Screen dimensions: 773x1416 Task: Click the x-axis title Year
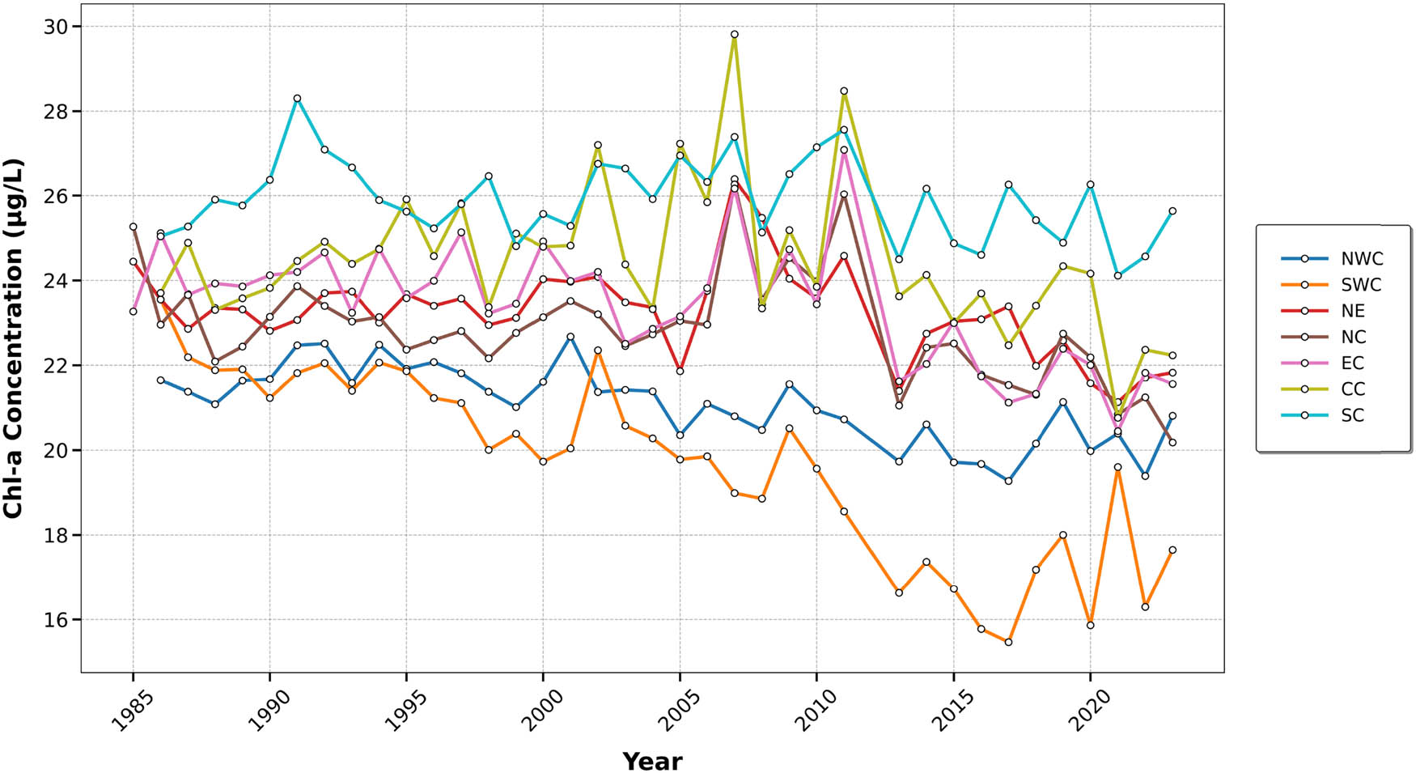(x=652, y=761)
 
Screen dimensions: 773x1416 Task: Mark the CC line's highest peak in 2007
(x=734, y=35)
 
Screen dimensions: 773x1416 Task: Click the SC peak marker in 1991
(x=297, y=99)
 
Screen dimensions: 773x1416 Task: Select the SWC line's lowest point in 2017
(x=1008, y=642)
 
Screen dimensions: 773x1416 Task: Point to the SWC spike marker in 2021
(x=1117, y=467)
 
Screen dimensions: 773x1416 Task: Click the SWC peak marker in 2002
(x=597, y=350)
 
